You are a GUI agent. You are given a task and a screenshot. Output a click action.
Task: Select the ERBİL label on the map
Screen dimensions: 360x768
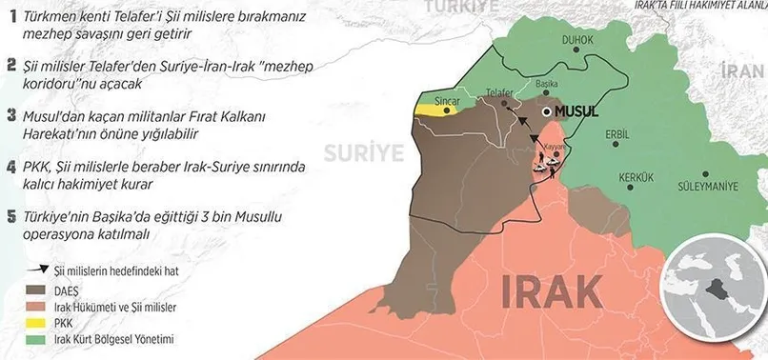click(618, 133)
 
